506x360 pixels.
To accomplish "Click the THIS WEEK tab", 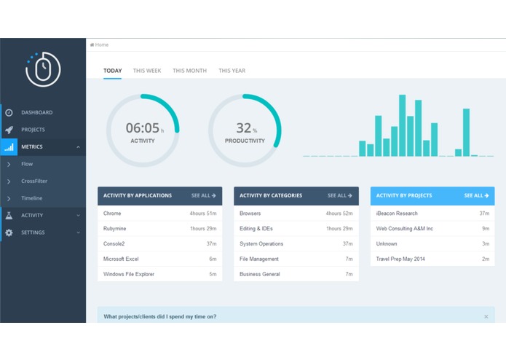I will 147,71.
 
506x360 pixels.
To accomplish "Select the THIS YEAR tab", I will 232,71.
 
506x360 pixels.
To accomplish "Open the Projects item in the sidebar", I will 33,130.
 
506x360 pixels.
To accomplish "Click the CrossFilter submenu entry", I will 34,181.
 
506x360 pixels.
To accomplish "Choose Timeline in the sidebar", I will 31,198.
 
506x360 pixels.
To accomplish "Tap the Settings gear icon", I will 9,232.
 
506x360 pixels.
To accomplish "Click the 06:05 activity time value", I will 142,128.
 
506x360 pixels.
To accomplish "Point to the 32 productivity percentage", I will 243,128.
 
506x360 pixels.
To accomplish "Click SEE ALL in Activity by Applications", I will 203,195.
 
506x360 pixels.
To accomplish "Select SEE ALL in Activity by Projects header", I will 476,195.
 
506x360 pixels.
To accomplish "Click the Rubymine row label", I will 114,229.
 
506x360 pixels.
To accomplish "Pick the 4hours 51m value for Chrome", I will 203,214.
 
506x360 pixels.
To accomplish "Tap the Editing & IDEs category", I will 256,229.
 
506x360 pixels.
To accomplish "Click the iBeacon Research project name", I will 397,214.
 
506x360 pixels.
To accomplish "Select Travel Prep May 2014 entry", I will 400,259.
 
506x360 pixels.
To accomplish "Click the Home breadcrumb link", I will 100,44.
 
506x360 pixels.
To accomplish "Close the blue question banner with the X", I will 486,316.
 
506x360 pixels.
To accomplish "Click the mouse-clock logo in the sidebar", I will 43,69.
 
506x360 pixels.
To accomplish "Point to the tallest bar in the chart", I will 402,125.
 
